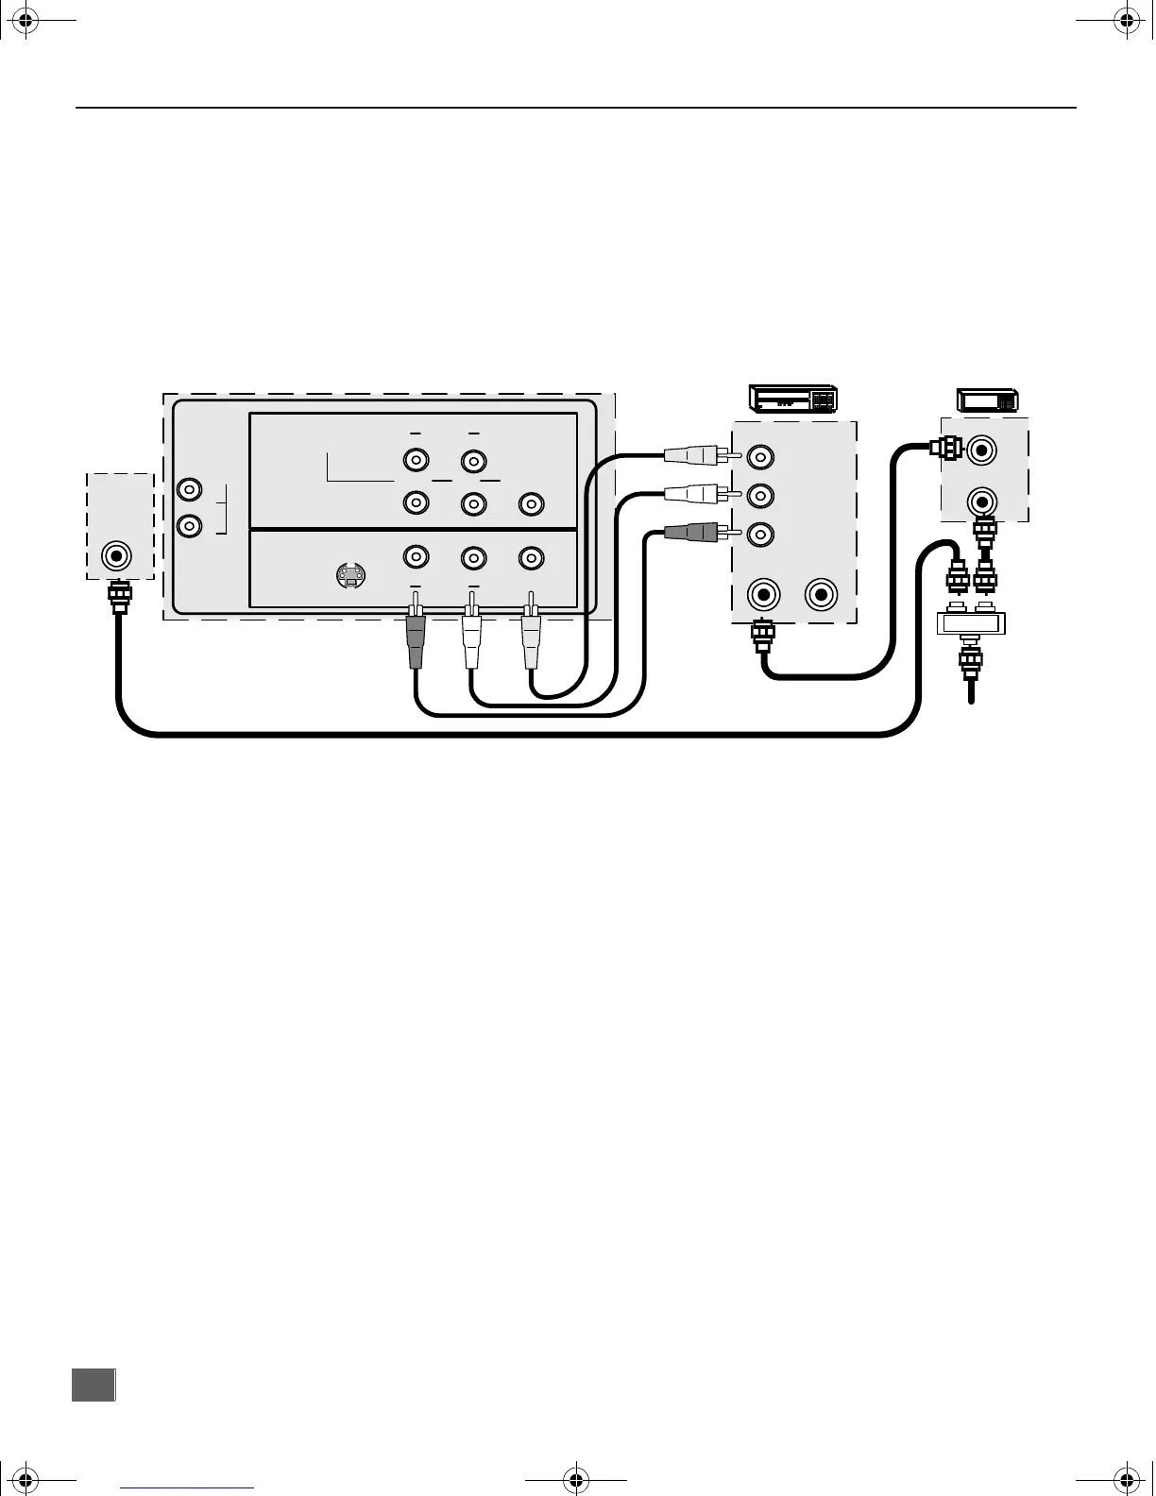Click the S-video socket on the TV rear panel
pyautogui.click(x=351, y=574)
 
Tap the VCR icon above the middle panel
pyautogui.click(x=793, y=399)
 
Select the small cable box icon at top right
pyautogui.click(x=987, y=400)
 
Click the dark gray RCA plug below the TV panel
pyautogui.click(x=416, y=641)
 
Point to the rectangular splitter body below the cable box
pyautogui.click(x=971, y=622)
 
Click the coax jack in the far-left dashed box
pyautogui.click(x=117, y=555)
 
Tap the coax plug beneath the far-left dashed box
pyautogui.click(x=120, y=597)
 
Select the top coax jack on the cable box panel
pyautogui.click(x=982, y=450)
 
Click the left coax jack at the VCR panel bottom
pyautogui.click(x=763, y=595)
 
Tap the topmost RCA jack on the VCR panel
pyautogui.click(x=760, y=458)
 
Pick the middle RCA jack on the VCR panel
pyautogui.click(x=760, y=495)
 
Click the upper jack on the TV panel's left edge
pyautogui.click(x=190, y=490)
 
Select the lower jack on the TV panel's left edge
pyautogui.click(x=190, y=525)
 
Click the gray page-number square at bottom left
pyautogui.click(x=93, y=1385)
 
